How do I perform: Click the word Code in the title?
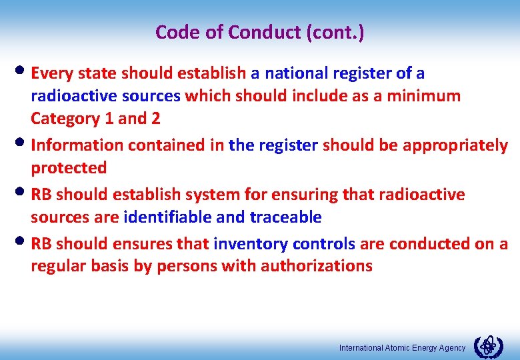[x=173, y=32]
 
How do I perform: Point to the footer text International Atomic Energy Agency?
[x=402, y=348]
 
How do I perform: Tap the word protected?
[x=69, y=168]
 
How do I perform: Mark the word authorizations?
[x=317, y=267]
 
